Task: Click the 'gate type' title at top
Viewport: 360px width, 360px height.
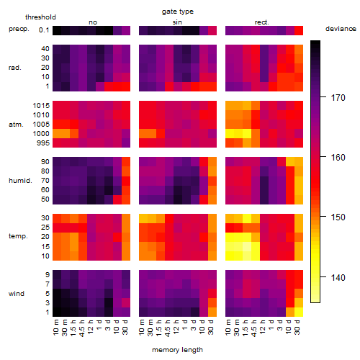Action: tap(178, 12)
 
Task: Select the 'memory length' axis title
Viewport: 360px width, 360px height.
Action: tap(177, 350)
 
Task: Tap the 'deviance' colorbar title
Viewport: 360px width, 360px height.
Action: tap(341, 29)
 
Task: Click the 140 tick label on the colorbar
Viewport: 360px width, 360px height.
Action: tap(338, 278)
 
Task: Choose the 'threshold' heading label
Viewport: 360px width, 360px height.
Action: tap(40, 17)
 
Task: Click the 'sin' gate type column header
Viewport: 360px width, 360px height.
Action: tap(177, 22)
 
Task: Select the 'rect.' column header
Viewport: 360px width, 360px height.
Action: tap(261, 22)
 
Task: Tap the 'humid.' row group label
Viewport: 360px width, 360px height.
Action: tap(20, 181)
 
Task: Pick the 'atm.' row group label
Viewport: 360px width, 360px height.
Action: tap(16, 125)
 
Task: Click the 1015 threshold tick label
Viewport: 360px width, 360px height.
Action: tap(41, 106)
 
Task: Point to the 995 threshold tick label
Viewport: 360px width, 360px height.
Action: tap(43, 143)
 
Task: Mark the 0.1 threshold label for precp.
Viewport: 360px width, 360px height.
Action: tap(44, 30)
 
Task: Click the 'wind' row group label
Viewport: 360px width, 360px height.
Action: tap(17, 294)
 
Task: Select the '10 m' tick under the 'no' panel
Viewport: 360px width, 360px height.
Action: tap(55, 327)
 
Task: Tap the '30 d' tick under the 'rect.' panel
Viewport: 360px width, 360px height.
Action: tap(297, 327)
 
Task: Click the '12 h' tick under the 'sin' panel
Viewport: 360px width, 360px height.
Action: tap(176, 327)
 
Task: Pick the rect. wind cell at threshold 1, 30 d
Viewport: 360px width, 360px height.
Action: tap(299, 312)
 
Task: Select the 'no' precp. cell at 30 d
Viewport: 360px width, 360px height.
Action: tap(126, 30)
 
